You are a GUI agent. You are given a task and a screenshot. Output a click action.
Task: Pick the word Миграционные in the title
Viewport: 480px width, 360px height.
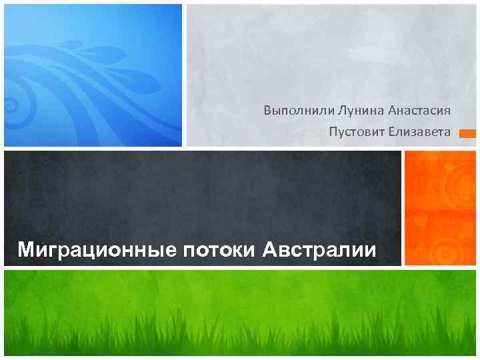(x=97, y=251)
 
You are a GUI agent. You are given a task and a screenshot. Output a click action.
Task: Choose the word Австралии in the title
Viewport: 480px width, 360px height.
(x=319, y=251)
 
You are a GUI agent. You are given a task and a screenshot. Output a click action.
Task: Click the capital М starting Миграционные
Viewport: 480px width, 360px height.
(x=26, y=251)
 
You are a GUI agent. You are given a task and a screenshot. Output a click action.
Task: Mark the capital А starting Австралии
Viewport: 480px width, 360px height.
(x=269, y=251)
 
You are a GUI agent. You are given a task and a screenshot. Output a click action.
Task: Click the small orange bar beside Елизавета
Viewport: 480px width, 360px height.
(x=468, y=133)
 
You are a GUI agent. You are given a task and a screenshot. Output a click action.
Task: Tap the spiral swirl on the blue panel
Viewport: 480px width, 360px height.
(x=11, y=105)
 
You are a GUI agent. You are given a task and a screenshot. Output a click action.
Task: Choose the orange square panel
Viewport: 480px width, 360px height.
(x=440, y=207)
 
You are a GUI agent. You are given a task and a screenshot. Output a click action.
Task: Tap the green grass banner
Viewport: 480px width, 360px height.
(x=240, y=313)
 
